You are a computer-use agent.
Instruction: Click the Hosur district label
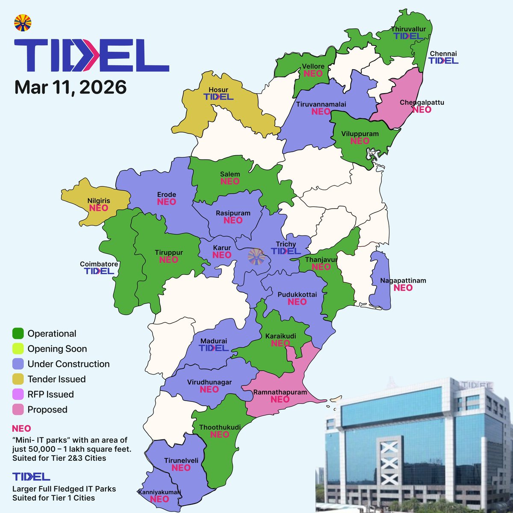218,90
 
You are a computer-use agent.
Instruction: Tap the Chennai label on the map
443,53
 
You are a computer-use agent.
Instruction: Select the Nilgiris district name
99,200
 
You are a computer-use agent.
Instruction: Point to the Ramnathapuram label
280,392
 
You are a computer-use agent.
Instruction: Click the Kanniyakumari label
159,492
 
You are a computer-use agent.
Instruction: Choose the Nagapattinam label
403,281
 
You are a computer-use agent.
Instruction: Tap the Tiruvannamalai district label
321,104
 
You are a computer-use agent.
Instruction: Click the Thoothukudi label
220,427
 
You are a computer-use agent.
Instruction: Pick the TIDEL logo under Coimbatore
99,271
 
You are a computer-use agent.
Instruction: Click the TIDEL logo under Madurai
213,348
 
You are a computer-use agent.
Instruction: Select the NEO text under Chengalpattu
422,110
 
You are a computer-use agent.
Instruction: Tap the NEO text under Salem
230,181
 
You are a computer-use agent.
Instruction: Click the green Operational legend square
18,333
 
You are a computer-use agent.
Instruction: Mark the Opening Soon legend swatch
18,349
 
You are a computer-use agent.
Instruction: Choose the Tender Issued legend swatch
18,379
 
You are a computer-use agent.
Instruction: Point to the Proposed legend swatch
18,410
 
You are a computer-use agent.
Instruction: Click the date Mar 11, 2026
71,87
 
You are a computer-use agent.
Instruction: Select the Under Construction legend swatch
18,364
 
